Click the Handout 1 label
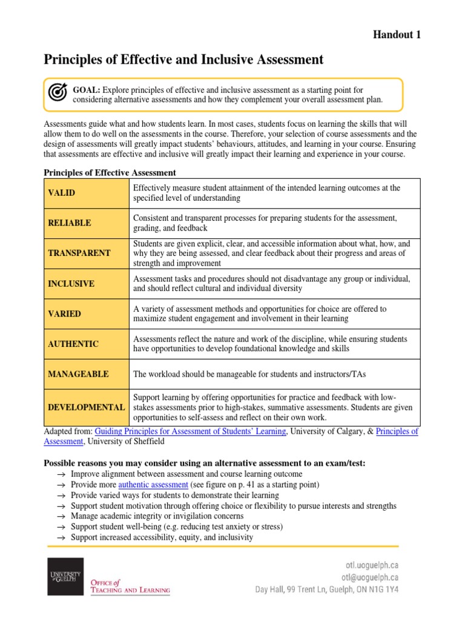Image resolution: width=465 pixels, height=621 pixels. pyautogui.click(x=396, y=35)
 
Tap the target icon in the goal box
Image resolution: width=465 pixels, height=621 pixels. pyautogui.click(x=58, y=92)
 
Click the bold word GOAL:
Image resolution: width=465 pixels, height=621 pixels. pyautogui.click(x=87, y=90)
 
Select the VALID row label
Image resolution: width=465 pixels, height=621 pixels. pyautogui.click(x=62, y=193)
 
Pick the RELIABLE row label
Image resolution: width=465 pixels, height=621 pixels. pyautogui.click(x=70, y=223)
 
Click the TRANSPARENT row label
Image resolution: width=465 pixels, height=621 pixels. pyautogui.click(x=79, y=253)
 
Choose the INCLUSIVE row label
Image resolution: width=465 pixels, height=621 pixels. pyautogui.click(x=71, y=284)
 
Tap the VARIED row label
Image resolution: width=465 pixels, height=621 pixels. pyautogui.click(x=64, y=314)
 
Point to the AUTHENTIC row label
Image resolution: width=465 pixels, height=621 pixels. pyautogui.click(x=73, y=344)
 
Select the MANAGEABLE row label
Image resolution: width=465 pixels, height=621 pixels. pyautogui.click(x=78, y=374)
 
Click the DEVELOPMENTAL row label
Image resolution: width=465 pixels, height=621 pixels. pyautogui.click(x=87, y=408)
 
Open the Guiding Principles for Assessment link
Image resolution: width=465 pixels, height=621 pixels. pyautogui.click(x=191, y=431)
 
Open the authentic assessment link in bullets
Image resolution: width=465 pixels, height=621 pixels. pyautogui.click(x=153, y=485)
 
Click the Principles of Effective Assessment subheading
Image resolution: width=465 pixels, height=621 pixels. pyautogui.click(x=110, y=173)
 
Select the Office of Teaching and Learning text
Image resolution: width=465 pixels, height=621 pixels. pyautogui.click(x=130, y=586)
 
